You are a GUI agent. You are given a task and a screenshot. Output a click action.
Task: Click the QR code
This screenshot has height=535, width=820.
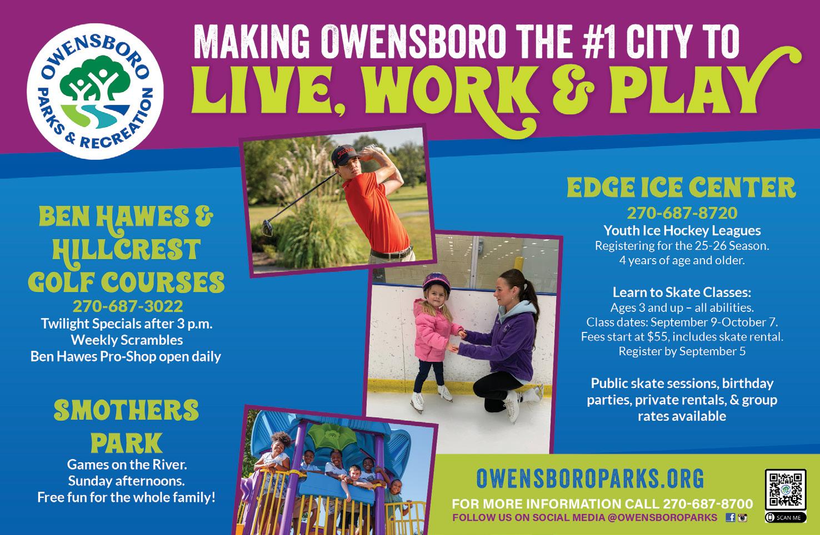tap(785, 489)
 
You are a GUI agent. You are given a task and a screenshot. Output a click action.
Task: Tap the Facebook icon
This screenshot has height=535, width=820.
tap(731, 517)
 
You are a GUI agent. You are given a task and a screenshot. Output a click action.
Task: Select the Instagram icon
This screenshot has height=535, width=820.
tap(742, 517)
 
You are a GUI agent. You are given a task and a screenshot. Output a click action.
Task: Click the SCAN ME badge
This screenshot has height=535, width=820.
tap(785, 517)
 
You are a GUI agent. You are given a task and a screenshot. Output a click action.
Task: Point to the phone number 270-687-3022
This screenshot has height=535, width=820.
tap(128, 306)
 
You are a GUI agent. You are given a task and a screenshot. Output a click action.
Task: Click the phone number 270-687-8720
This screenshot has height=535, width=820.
tap(682, 213)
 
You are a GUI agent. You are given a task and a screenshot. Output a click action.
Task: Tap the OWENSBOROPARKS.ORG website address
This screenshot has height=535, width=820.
tap(590, 478)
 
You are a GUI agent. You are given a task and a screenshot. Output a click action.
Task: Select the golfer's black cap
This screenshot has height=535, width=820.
tap(345, 154)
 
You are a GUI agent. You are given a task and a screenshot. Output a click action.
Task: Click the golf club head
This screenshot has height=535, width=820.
tap(268, 228)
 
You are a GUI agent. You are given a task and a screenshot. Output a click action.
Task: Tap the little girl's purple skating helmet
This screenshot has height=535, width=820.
tap(436, 284)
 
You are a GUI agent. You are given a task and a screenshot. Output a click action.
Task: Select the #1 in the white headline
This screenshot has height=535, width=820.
tap(601, 41)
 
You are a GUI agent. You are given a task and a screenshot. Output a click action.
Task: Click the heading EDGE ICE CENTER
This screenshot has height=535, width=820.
tap(681, 187)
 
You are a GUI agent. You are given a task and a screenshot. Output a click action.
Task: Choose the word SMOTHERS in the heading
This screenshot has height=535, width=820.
tap(126, 410)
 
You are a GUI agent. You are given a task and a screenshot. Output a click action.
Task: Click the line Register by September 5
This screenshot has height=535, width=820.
tap(682, 351)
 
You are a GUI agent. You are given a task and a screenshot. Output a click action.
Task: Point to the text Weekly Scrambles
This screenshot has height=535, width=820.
tap(127, 340)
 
